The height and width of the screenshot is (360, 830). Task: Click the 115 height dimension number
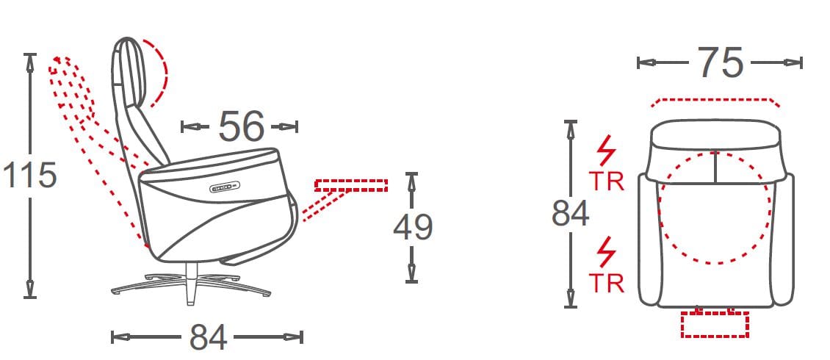[x=30, y=176]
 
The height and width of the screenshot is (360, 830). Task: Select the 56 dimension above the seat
[x=241, y=126]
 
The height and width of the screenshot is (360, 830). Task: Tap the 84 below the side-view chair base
[x=208, y=337]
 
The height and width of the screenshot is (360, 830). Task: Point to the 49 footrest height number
[x=413, y=226]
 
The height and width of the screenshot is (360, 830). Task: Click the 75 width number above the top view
[x=721, y=62]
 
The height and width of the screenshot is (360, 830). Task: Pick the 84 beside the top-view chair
[x=571, y=214]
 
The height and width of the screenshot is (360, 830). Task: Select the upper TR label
[x=607, y=181]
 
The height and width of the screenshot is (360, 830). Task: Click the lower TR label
[x=607, y=284]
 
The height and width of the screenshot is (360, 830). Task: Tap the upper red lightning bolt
[x=607, y=151]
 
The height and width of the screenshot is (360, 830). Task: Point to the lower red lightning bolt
[x=607, y=252]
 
